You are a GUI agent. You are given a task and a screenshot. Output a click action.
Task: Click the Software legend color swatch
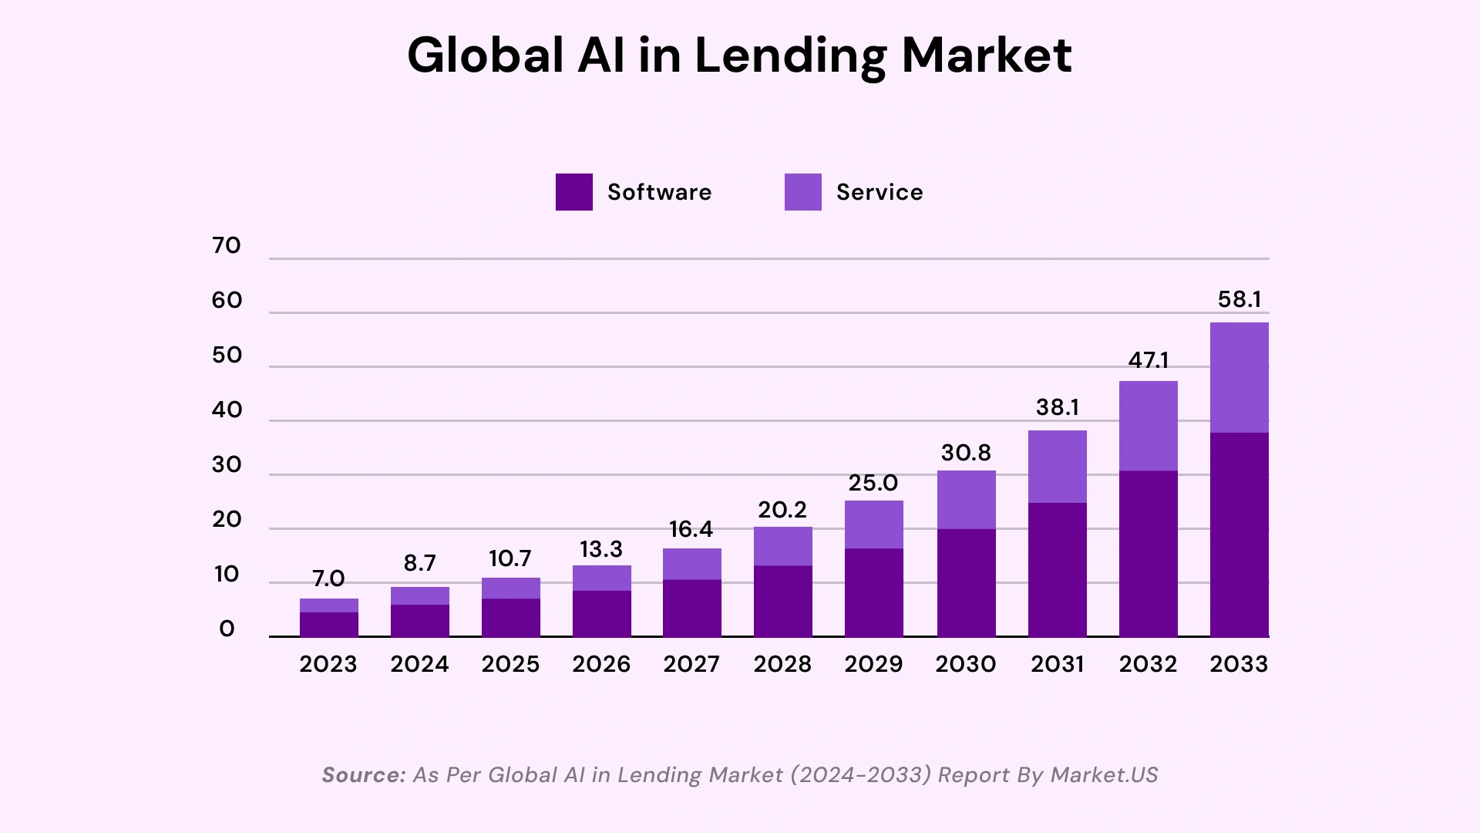coord(573,192)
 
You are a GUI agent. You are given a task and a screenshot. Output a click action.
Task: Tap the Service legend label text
coord(879,192)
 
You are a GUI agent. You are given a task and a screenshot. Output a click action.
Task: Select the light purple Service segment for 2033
coord(1239,377)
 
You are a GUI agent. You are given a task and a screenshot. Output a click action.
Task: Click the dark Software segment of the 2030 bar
coord(966,582)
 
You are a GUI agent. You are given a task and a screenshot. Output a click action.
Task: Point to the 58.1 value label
coord(1239,299)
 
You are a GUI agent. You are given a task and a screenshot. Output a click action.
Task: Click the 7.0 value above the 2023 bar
coord(328,578)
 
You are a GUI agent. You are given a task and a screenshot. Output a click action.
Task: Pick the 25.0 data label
coord(873,483)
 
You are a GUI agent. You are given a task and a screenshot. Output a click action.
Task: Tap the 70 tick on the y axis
coord(227,246)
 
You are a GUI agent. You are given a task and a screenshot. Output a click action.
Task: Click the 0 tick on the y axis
coord(227,629)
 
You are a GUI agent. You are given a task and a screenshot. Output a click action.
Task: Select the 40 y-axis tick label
coord(227,410)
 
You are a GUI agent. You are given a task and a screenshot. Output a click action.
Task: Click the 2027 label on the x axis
coord(691,664)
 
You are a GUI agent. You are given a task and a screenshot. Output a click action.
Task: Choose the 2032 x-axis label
coord(1148,664)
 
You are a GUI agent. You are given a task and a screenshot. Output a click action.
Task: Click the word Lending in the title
coord(789,56)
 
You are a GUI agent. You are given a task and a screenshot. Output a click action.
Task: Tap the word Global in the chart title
coord(486,56)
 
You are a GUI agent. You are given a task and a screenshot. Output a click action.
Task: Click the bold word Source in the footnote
coord(363,775)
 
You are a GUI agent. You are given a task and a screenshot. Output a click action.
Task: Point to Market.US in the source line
coord(1104,775)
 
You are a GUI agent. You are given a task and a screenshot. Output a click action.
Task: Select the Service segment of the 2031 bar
coord(1057,467)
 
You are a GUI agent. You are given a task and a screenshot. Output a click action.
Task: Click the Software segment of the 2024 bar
coord(419,621)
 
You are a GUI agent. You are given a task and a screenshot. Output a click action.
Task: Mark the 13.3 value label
coord(600,549)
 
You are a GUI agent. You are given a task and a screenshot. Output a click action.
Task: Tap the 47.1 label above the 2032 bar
coord(1148,360)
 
